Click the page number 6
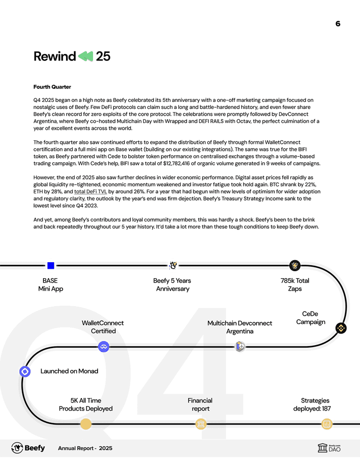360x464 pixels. [x=338, y=23]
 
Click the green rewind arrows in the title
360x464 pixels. [x=85, y=56]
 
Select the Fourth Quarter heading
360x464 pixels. [x=52, y=87]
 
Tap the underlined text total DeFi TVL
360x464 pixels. [x=90, y=191]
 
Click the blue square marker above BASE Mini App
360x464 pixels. [x=50, y=266]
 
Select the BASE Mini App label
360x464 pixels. [x=50, y=285]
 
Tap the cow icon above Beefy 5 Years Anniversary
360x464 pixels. [x=173, y=266]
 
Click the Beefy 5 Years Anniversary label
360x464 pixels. [x=172, y=285]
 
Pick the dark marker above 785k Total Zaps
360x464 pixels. [x=294, y=266]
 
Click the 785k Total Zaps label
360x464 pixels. [x=294, y=285]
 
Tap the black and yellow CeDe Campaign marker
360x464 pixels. [x=341, y=328]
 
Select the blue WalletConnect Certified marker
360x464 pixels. [x=103, y=347]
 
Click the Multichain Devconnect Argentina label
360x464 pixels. [x=239, y=327]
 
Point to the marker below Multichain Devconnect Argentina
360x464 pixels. [x=240, y=347]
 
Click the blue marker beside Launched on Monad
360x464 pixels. [x=25, y=372]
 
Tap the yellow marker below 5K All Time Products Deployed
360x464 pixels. [x=86, y=425]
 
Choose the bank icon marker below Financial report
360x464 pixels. [x=200, y=425]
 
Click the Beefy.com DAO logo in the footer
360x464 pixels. [x=329, y=448]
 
